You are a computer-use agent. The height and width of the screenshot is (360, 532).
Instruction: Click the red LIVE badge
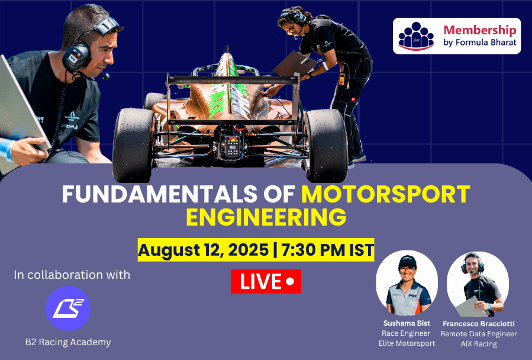click(266, 281)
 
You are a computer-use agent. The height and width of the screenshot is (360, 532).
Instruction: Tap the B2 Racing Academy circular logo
click(68, 308)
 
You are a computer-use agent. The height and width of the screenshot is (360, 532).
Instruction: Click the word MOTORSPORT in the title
click(385, 194)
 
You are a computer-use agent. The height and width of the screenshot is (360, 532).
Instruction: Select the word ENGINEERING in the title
click(266, 217)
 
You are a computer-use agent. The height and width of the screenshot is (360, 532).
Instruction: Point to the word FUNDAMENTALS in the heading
click(159, 194)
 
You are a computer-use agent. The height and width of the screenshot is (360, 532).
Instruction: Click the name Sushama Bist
click(407, 323)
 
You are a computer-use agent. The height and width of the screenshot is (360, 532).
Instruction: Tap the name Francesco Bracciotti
click(478, 324)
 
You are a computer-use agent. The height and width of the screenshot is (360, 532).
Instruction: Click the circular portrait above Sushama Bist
click(407, 282)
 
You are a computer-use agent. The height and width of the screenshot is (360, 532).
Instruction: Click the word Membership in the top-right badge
click(480, 30)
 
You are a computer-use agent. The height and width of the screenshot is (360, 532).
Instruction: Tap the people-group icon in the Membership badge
click(416, 36)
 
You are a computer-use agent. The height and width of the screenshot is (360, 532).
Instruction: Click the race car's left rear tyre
click(134, 145)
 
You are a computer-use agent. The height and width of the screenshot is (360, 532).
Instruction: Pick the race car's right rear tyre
click(325, 145)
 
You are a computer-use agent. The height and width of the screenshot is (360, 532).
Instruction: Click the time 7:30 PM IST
click(328, 250)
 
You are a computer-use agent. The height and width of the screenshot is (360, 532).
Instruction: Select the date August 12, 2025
click(203, 250)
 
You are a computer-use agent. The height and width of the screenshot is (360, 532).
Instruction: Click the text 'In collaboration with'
click(72, 274)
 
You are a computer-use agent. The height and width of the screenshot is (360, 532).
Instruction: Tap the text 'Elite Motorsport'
click(407, 343)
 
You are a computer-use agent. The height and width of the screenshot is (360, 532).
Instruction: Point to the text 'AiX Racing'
click(478, 344)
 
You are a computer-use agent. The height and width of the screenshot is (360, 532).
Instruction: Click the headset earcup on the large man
click(76, 57)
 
